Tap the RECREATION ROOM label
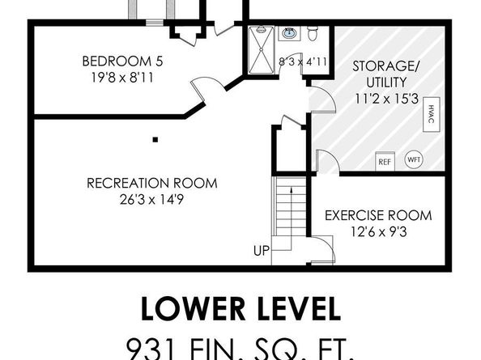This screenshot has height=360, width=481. tap(151, 183)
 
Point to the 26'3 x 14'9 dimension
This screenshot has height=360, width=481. tap(151, 199)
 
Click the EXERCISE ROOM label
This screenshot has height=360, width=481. tap(378, 216)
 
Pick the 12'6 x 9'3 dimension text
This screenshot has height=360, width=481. tap(378, 232)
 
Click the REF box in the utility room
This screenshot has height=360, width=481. tap(385, 160)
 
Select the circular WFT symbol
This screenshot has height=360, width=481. tap(414, 159)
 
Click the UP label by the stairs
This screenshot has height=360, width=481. tap(261, 251)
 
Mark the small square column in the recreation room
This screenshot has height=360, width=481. tap(154, 138)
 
